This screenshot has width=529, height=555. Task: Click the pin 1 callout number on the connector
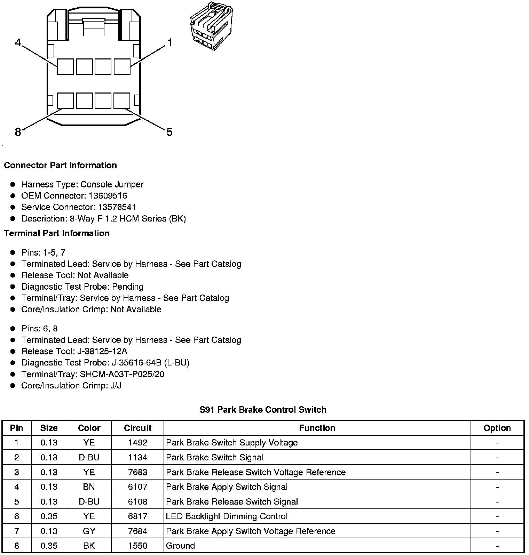169,43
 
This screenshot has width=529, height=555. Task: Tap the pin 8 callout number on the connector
18,132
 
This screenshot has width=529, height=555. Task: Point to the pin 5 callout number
169,132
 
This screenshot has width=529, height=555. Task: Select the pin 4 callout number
18,43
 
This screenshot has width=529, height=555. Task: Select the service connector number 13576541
117,207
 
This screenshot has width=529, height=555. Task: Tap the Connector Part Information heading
60,165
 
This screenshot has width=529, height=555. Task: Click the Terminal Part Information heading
57,233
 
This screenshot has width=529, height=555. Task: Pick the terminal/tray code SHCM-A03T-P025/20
122,374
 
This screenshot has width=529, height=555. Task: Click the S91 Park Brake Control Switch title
263,410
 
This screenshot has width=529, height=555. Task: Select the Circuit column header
137,428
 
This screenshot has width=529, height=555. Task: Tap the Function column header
317,428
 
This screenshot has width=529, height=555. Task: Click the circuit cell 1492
137,443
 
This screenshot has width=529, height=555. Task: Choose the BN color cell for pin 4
89,487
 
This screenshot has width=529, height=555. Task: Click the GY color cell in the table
89,531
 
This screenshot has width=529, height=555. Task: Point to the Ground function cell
180,546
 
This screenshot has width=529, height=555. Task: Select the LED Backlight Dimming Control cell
227,516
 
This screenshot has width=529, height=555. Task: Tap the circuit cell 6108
137,501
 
